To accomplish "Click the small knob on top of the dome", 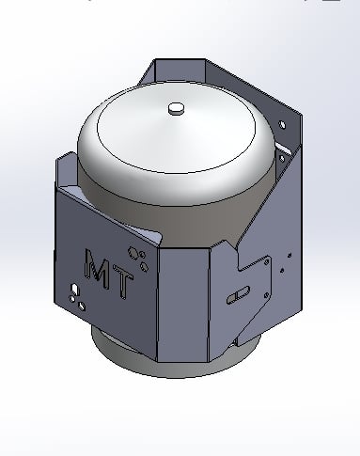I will [x=177, y=109].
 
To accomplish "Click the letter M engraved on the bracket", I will [x=98, y=266].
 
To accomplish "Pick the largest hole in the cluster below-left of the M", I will [x=82, y=306].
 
